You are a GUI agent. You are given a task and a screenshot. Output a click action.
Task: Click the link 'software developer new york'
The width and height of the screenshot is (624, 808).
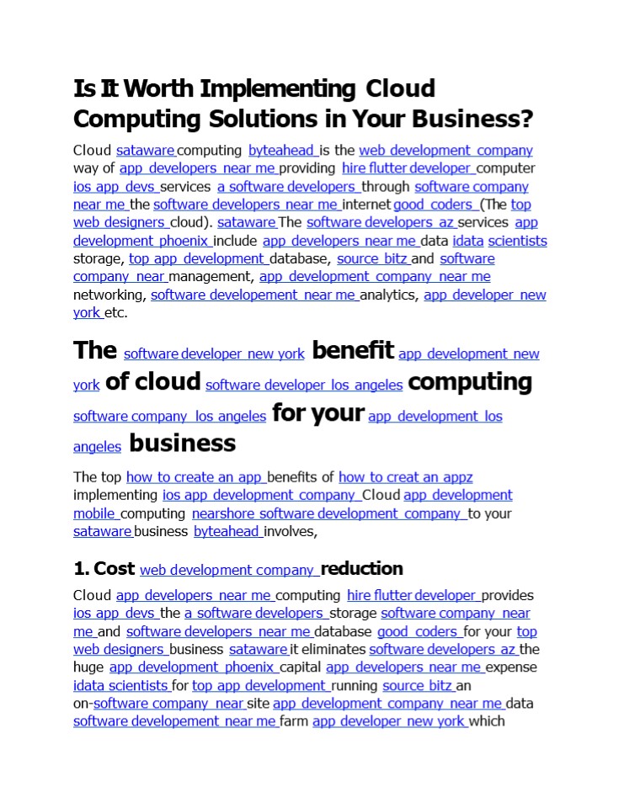coord(214,354)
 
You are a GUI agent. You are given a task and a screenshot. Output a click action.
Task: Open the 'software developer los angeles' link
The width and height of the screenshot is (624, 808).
coord(304,385)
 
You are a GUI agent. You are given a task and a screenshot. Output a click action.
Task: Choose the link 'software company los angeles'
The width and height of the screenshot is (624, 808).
coord(169,417)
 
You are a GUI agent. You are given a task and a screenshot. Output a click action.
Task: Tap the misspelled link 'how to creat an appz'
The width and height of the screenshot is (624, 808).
coord(406,477)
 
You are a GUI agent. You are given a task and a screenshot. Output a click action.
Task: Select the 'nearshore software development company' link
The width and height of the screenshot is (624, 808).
coord(328,513)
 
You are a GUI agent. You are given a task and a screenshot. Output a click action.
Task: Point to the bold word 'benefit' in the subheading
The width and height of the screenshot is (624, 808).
coord(353,350)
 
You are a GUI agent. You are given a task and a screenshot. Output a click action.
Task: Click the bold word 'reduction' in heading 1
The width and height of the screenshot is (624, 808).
coord(362,569)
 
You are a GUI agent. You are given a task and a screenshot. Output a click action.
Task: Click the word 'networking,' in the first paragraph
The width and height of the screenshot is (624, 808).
coord(110,295)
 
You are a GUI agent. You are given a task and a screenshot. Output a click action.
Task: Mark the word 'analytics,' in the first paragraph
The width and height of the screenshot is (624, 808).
coord(390,295)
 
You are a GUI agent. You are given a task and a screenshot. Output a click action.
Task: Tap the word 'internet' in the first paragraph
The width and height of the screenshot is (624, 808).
coord(367,205)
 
